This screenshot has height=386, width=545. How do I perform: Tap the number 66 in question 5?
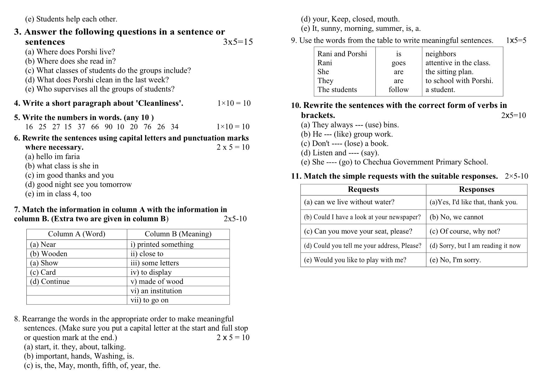click(x=95, y=127)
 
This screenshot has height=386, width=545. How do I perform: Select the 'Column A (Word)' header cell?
click(x=76, y=234)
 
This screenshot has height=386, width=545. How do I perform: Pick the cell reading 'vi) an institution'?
click(x=156, y=291)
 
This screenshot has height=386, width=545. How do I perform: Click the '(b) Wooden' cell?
click(x=48, y=254)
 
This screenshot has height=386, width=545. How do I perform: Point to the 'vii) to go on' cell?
click(x=149, y=300)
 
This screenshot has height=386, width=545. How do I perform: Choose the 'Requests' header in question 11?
click(x=363, y=189)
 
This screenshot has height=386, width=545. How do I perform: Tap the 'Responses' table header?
click(x=476, y=189)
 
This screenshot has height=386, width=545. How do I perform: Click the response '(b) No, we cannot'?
click(x=456, y=217)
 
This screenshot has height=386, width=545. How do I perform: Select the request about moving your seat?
click(x=358, y=231)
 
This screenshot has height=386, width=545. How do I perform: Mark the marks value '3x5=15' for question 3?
click(x=238, y=42)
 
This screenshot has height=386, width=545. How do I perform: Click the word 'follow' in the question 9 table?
click(x=398, y=90)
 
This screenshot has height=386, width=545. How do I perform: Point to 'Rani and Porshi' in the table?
click(x=342, y=54)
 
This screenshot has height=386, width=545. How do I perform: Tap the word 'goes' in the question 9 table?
click(x=398, y=63)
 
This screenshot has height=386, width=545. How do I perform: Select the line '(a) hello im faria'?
click(x=53, y=156)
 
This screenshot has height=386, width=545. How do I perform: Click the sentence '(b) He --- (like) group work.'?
click(x=347, y=134)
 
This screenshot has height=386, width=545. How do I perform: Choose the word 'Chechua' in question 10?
click(x=376, y=162)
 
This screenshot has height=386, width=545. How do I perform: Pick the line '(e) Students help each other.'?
click(x=71, y=19)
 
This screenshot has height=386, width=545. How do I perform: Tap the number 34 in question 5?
click(x=175, y=127)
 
